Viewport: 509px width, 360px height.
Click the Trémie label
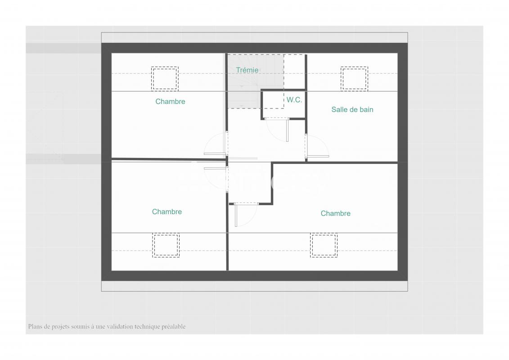(x=247, y=70)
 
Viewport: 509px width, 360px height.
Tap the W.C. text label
(x=294, y=100)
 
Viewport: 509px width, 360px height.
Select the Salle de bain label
(x=352, y=110)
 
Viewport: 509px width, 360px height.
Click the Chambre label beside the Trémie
(x=170, y=102)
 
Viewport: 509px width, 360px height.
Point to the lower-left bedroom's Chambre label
(x=167, y=211)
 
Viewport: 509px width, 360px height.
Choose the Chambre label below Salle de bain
(x=335, y=214)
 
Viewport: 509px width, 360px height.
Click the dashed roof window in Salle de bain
(x=354, y=78)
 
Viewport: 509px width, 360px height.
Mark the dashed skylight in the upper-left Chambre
(x=165, y=78)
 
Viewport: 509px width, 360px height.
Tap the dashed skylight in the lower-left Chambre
(x=166, y=245)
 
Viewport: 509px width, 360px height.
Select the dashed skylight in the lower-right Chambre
(x=324, y=245)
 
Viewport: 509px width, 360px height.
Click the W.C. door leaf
(x=287, y=130)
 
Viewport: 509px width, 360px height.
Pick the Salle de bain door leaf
(x=318, y=157)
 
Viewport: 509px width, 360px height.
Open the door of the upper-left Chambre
(x=215, y=153)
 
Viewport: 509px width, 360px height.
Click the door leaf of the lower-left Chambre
(x=215, y=168)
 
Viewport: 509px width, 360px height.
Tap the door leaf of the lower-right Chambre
(x=236, y=215)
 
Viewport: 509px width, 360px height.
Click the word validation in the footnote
(x=120, y=327)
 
